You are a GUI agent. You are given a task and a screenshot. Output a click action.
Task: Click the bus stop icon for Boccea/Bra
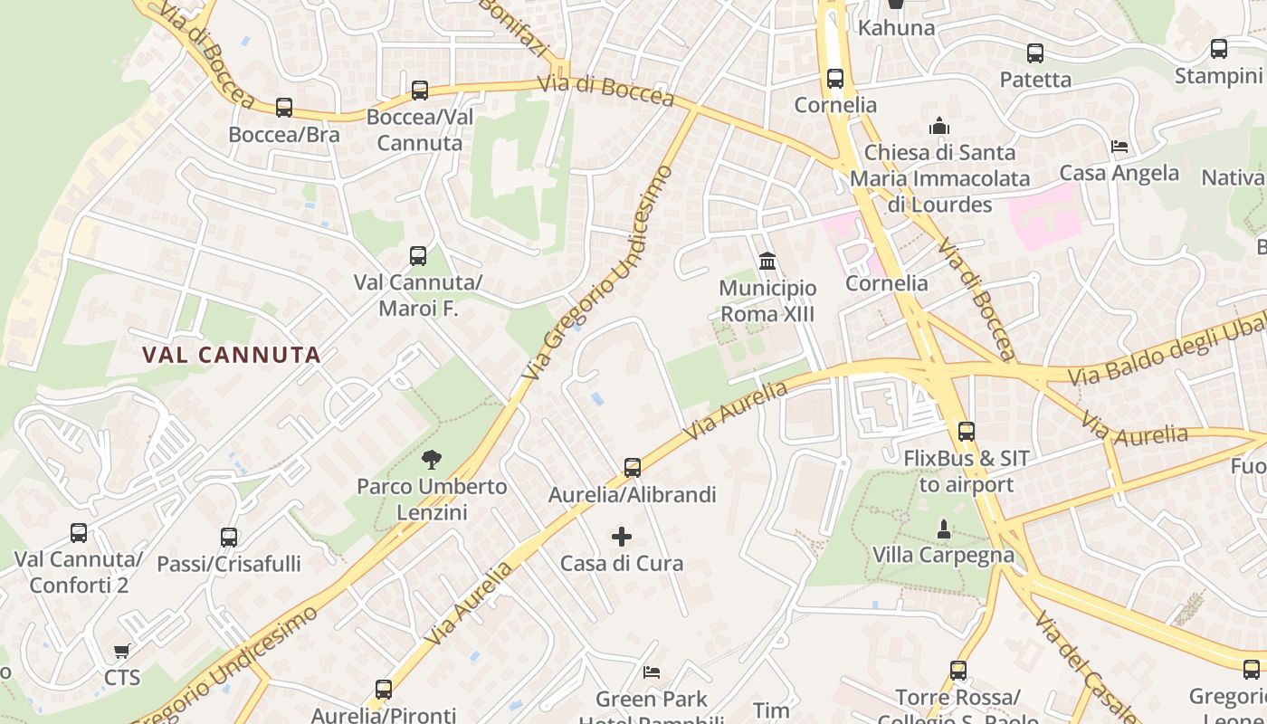tap(284, 108)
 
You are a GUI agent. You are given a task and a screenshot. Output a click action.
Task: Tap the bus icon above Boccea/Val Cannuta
tap(419, 90)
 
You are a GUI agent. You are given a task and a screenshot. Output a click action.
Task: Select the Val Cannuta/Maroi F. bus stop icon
tap(418, 256)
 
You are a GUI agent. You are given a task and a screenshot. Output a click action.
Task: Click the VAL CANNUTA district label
tap(232, 355)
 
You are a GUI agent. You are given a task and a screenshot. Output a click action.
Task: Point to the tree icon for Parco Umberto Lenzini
tap(432, 460)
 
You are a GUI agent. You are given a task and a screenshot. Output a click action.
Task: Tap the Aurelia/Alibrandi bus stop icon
tap(633, 468)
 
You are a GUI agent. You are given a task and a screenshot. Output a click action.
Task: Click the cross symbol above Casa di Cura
tap(622, 537)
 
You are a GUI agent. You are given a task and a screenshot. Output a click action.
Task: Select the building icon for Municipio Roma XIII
tap(767, 262)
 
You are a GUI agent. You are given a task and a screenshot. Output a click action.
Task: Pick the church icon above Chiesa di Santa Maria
tap(939, 126)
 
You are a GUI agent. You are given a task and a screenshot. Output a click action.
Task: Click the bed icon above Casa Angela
tap(1119, 147)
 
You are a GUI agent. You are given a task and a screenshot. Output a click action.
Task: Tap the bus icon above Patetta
tap(1035, 53)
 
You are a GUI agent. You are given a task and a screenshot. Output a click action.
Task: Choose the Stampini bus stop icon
tap(1219, 49)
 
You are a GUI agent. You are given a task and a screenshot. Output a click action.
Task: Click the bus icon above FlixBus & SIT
tap(967, 432)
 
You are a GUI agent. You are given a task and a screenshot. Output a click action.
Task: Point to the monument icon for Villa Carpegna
tap(944, 529)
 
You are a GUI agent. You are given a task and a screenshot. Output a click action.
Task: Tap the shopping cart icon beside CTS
tap(122, 651)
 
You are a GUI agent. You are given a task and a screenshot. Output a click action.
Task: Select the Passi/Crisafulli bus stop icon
tap(229, 538)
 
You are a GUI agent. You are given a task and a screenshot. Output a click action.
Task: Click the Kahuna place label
tap(896, 28)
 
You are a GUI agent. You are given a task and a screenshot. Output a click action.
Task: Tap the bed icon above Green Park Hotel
tap(651, 672)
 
